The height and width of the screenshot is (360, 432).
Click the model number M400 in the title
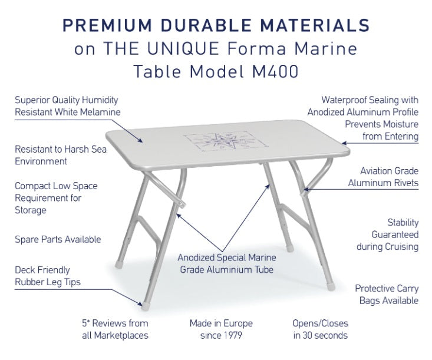click(x=275, y=72)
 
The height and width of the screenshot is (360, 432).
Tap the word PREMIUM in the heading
click(x=107, y=25)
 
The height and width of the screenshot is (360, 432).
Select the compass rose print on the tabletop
click(x=226, y=141)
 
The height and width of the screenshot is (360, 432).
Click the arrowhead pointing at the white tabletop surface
click(x=140, y=140)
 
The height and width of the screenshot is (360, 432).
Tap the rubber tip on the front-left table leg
click(x=145, y=306)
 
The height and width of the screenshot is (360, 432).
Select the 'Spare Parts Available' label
click(x=58, y=239)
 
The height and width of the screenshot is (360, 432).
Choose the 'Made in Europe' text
click(x=221, y=323)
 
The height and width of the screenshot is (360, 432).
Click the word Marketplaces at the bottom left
click(x=121, y=335)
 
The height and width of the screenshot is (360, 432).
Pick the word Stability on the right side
click(x=403, y=222)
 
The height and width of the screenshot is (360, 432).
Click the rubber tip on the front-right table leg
click(x=331, y=286)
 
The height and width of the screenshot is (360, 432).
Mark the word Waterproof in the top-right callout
click(x=344, y=100)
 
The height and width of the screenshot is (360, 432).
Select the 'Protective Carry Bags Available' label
click(x=387, y=295)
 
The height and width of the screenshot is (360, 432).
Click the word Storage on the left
click(x=31, y=210)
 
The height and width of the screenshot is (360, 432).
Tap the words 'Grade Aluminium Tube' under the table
click(x=227, y=269)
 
